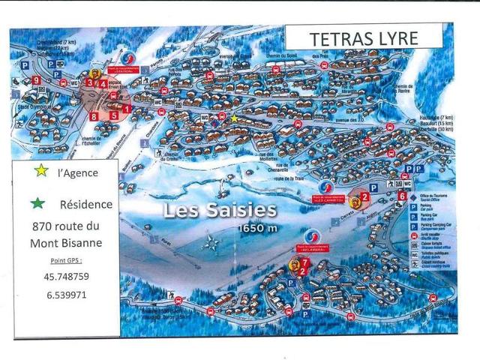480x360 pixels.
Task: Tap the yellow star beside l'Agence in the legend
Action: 41,170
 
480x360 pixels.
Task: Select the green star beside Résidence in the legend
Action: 39,202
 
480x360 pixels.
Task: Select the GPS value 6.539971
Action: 61,295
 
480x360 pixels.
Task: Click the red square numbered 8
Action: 94,116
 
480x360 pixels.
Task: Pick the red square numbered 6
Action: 403,196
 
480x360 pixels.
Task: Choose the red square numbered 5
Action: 113,115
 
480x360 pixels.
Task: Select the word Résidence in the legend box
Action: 85,203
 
